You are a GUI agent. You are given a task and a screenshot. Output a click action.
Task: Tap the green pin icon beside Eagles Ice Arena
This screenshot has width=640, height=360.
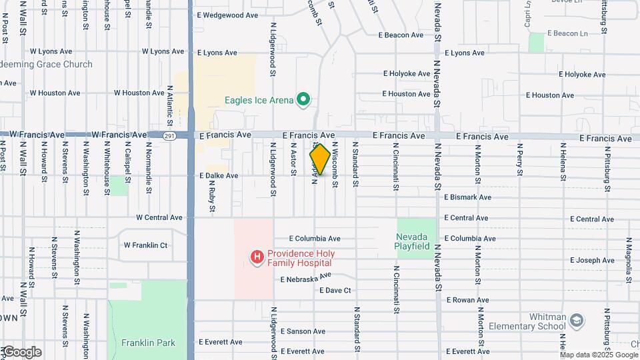pos(303,100)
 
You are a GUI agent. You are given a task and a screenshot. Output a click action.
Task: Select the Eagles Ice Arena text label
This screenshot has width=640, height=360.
pos(259,101)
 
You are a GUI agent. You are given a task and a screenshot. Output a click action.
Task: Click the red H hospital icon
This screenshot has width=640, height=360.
pos(256,257)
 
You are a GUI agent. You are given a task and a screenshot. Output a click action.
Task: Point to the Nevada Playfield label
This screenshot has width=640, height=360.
pos(413,241)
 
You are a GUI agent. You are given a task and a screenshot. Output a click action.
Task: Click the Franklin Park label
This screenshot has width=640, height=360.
pos(148,343)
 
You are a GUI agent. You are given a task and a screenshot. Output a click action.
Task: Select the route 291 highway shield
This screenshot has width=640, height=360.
pos(169,135)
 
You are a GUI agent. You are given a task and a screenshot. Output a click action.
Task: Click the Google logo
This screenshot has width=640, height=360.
pos(22,351)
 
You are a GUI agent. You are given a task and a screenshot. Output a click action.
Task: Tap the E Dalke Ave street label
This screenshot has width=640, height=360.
pos(218,176)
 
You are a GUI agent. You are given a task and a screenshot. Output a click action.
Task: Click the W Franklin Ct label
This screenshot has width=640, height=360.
pos(145,245)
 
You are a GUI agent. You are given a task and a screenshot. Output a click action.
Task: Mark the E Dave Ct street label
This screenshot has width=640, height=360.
pos(335,291)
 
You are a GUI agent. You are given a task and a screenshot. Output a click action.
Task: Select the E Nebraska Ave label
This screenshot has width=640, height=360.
pos(305,278)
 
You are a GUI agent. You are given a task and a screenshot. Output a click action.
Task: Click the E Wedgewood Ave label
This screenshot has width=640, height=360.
pos(227,15)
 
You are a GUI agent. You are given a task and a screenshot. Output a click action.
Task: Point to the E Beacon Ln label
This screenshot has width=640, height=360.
pos(568,33)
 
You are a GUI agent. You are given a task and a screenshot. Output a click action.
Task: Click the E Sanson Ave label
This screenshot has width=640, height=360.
pos(303,331)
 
